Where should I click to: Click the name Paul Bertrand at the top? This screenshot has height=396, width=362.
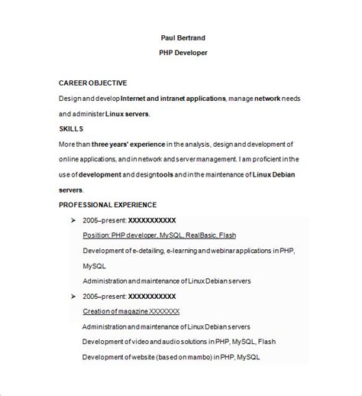point(183,37)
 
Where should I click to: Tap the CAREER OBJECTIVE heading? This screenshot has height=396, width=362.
point(93,83)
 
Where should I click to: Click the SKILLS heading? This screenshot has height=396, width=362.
point(71,128)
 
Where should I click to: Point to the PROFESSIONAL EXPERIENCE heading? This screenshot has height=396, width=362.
point(108,205)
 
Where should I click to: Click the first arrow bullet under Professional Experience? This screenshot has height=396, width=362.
point(73,220)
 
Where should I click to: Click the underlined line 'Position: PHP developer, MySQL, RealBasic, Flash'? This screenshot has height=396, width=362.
point(159,235)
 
